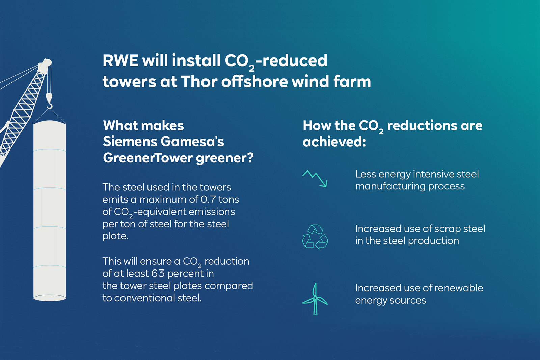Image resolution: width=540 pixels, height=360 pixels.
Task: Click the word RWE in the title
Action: [120, 61]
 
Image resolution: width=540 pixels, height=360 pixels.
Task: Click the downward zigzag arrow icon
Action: [315, 178]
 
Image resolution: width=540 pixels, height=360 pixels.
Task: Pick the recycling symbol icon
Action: [315, 237]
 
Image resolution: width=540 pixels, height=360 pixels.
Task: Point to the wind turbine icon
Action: [315, 299]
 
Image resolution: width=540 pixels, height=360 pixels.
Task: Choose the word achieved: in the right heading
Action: [334, 142]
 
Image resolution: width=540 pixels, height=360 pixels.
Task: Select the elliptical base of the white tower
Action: [50, 298]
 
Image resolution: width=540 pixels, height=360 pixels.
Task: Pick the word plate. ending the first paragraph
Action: [115, 236]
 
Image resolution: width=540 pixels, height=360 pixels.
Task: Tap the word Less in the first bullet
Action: [365, 174]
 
